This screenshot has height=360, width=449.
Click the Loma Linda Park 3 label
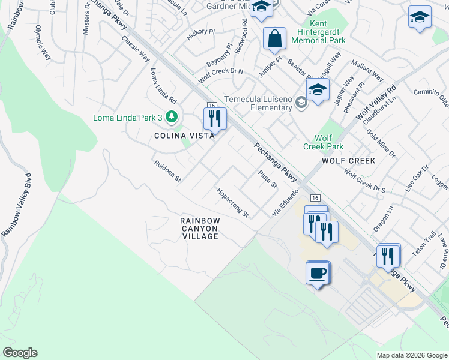pyautogui.click(x=128, y=117)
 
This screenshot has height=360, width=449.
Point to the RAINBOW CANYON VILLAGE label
pyautogui.click(x=200, y=229)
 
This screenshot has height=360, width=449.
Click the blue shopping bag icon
pyautogui.click(x=274, y=39)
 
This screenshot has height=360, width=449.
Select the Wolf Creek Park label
pyautogui.click(x=323, y=142)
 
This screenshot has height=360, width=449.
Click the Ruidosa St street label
pyautogui.click(x=167, y=170)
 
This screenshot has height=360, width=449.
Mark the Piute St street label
pyautogui.click(x=267, y=179)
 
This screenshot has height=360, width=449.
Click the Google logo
pyautogui.click(x=20, y=353)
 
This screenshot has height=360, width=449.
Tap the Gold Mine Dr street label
pyautogui.click(x=381, y=142)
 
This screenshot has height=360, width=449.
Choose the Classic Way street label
pyautogui.click(x=136, y=48)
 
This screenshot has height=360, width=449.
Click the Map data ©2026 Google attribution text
pyautogui.click(x=411, y=355)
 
